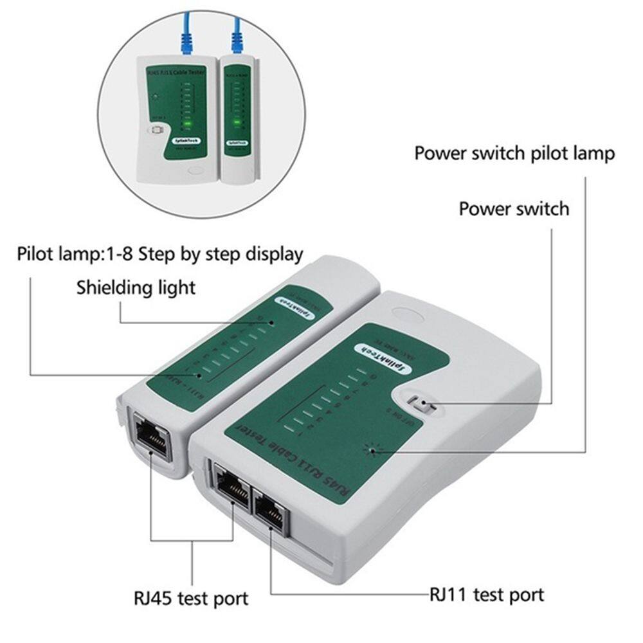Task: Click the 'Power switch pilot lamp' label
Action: pyautogui.click(x=514, y=154)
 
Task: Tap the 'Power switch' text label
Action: pyautogui.click(x=514, y=209)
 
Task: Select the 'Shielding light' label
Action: pyautogui.click(x=136, y=287)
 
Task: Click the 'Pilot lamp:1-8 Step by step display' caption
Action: pyautogui.click(x=160, y=253)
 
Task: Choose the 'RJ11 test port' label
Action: pyautogui.click(x=487, y=594)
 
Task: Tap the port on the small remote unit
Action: pyautogui.click(x=151, y=438)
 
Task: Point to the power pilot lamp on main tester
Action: pyautogui.click(x=372, y=449)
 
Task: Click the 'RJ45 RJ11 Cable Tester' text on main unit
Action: pyautogui.click(x=287, y=457)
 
